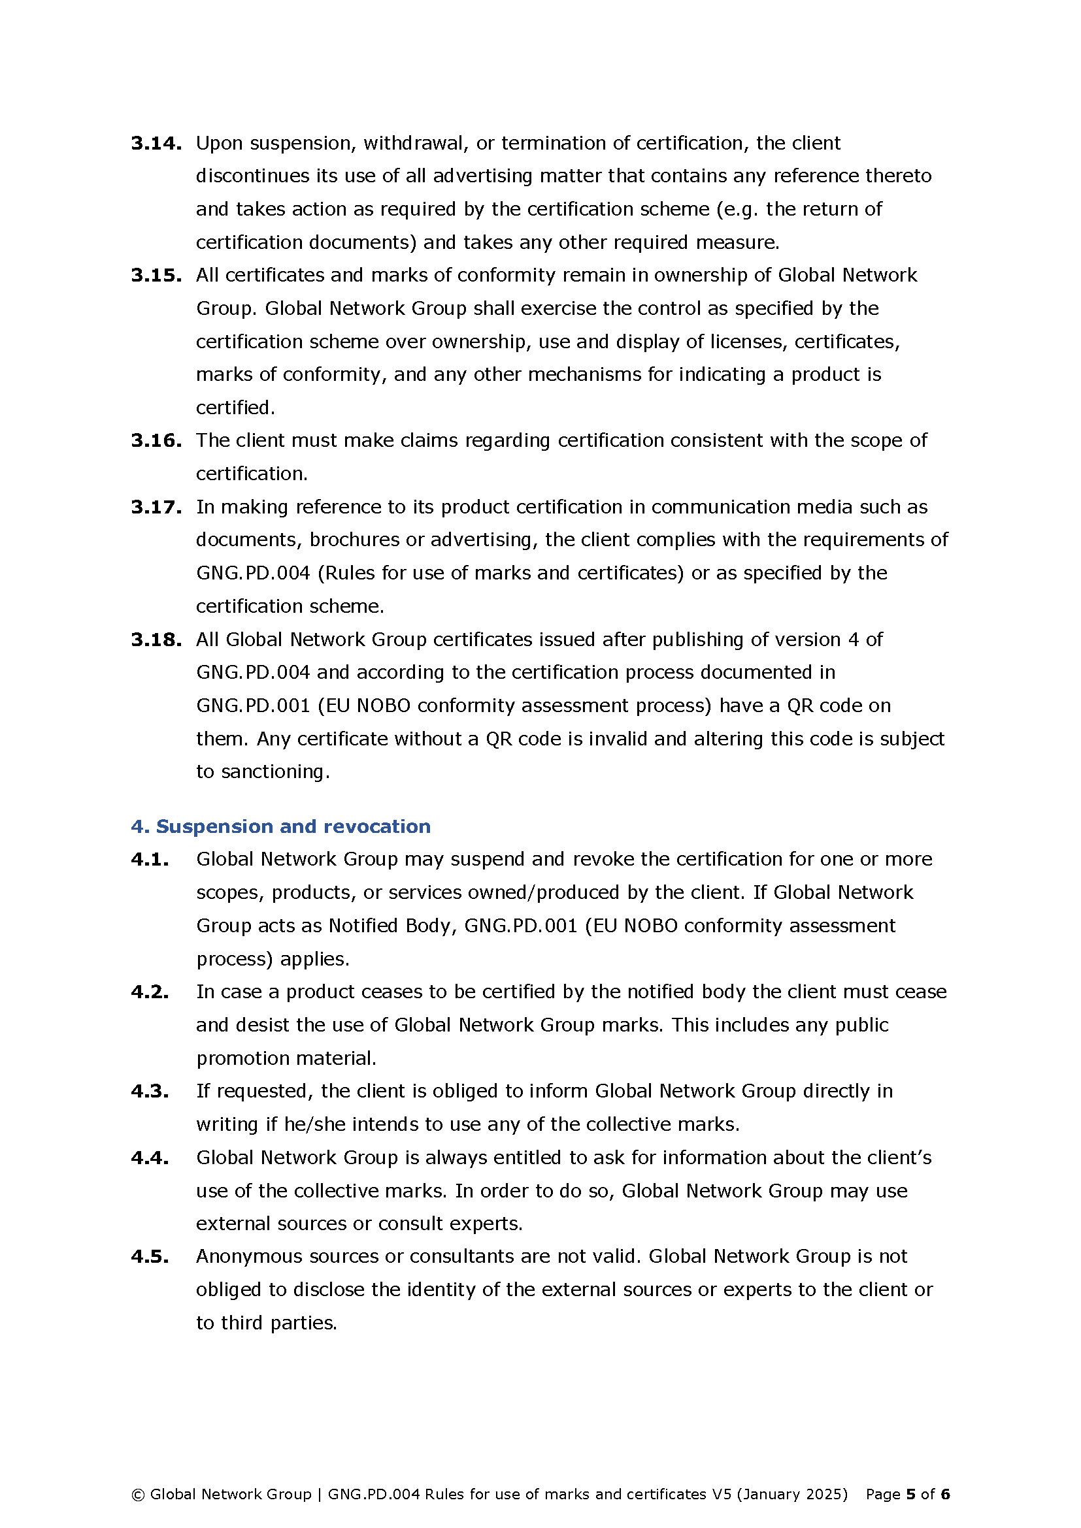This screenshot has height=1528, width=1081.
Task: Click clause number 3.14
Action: pyautogui.click(x=156, y=143)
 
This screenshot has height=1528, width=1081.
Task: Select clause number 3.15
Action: pyautogui.click(x=156, y=275)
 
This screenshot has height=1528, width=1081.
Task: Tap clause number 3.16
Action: pyautogui.click(x=156, y=440)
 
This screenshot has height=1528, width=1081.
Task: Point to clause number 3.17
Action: pyautogui.click(x=156, y=507)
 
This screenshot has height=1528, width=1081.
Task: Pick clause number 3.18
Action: pyautogui.click(x=156, y=640)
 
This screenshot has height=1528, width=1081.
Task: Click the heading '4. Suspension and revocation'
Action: pyautogui.click(x=280, y=826)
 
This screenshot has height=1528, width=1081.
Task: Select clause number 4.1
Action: pyautogui.click(x=150, y=859)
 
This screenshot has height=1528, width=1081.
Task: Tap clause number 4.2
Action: pyautogui.click(x=150, y=992)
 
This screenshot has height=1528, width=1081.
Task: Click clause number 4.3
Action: pyautogui.click(x=150, y=1091)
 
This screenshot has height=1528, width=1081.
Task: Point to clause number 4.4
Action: pyautogui.click(x=150, y=1158)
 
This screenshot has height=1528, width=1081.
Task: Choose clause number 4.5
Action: pyautogui.click(x=150, y=1256)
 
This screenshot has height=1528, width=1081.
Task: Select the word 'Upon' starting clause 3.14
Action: pyautogui.click(x=219, y=143)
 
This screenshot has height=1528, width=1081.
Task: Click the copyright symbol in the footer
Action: pyautogui.click(x=139, y=1495)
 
